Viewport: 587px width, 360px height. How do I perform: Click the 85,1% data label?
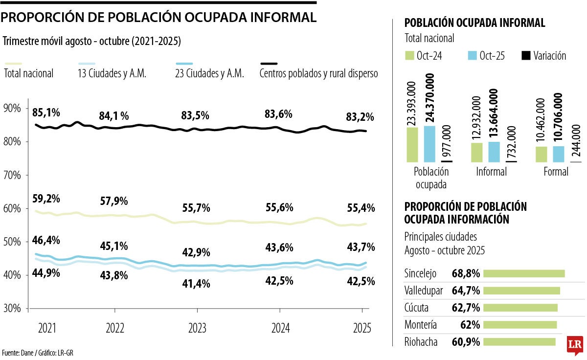(46, 113)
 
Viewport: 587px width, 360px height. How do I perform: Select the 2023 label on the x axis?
(197, 328)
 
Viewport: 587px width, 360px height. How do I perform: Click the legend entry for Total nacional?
(28, 74)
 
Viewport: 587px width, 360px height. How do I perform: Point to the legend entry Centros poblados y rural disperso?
(318, 74)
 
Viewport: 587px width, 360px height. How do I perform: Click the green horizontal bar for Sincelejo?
(524, 273)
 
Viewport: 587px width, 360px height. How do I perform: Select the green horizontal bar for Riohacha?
(519, 342)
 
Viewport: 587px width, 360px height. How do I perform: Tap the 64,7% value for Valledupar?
(466, 291)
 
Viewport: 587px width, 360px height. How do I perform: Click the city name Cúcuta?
(416, 308)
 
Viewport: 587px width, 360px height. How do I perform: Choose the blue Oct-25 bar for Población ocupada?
(429, 144)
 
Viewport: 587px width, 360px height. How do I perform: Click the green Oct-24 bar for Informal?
(476, 152)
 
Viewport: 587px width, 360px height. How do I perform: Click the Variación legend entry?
(543, 56)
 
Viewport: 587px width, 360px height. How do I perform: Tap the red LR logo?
(575, 345)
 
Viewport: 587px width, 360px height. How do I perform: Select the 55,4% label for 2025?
(361, 208)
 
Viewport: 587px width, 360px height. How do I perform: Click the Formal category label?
(556, 172)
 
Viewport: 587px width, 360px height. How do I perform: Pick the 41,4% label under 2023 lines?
(196, 283)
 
